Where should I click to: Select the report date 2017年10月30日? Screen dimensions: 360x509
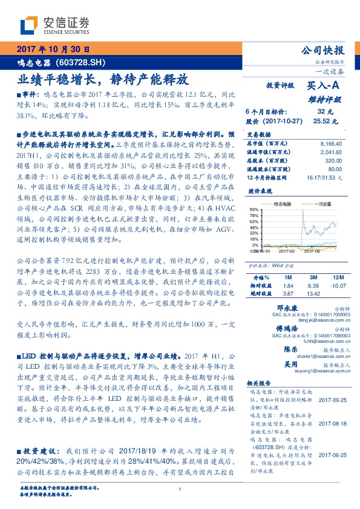[53, 50]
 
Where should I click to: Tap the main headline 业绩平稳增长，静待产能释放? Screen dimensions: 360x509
[102, 79]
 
